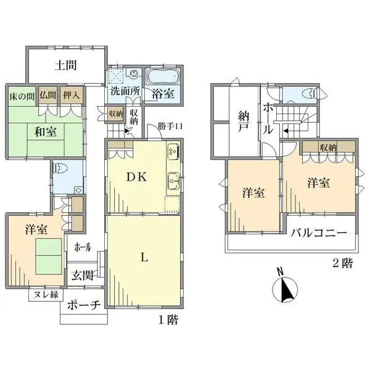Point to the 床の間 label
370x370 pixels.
22,95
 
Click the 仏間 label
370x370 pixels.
47,95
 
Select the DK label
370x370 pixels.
137,177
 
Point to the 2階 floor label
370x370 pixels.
343,264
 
